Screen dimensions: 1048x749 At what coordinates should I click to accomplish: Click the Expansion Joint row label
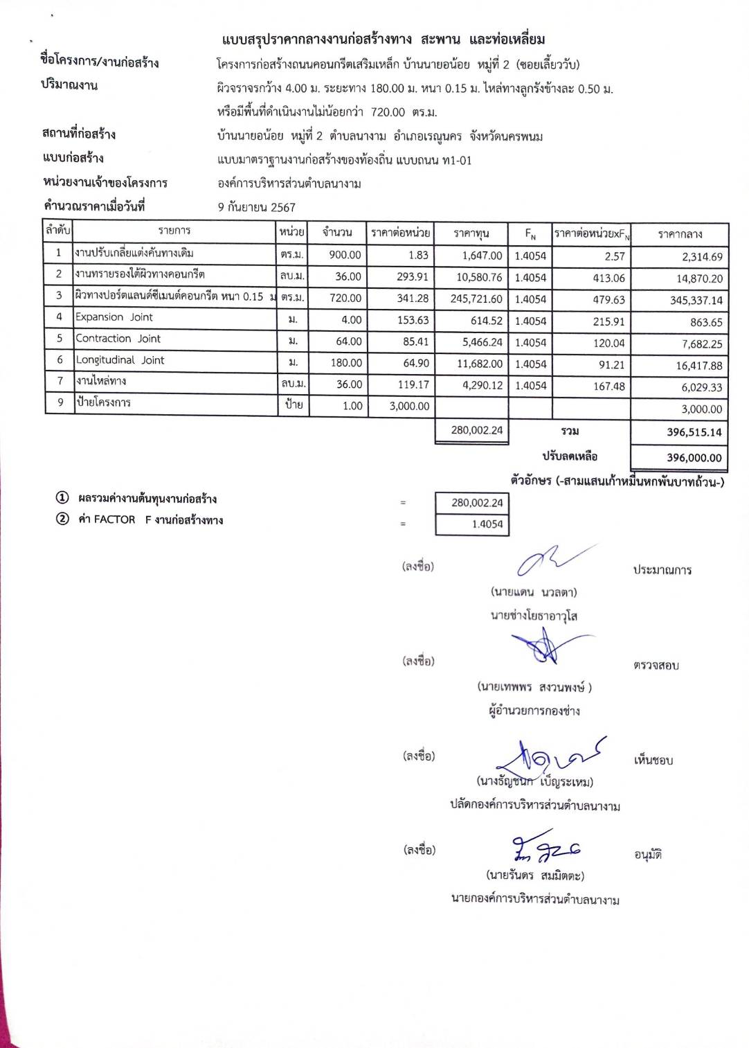point(114,317)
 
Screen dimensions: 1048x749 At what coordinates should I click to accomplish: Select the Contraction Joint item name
point(118,339)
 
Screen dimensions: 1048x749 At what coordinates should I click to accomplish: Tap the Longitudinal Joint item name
point(120,360)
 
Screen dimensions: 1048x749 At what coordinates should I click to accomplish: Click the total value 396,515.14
point(694,432)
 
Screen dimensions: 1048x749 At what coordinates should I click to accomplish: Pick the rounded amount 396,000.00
point(694,458)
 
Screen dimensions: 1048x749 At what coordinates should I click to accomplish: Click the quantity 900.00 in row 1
point(345,255)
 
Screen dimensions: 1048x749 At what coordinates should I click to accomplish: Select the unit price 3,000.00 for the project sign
point(408,406)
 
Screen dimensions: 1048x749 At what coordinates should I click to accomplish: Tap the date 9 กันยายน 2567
point(256,207)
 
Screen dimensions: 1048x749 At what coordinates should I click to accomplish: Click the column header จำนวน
point(337,233)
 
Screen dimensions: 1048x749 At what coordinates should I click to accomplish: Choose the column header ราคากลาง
point(680,234)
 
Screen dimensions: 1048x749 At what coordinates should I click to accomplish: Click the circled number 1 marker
point(62,498)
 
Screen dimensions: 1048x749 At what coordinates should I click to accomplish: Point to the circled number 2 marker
point(62,519)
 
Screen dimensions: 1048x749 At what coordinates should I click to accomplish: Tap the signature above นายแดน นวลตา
point(550,561)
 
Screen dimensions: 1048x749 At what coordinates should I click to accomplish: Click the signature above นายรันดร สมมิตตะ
point(545,847)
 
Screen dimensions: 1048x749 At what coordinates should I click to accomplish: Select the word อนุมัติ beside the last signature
point(648,855)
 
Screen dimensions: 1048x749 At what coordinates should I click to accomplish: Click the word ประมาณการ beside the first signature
point(662,570)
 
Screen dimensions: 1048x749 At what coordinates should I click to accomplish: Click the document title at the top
point(383,39)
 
